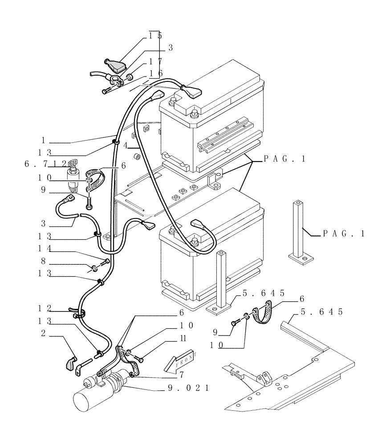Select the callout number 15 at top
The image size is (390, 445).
155,35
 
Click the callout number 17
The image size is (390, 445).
155,61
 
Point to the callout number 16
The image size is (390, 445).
155,73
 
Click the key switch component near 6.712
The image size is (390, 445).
72,175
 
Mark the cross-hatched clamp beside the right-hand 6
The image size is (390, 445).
263,316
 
